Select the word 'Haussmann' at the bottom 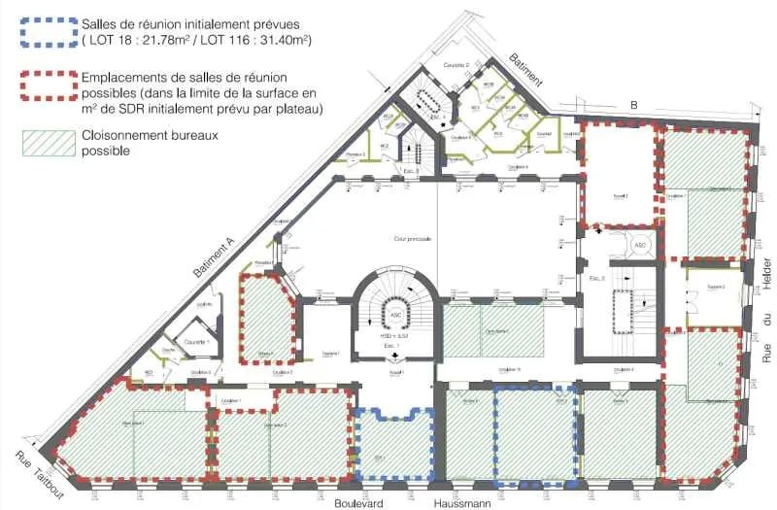(x=462, y=503)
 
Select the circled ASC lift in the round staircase (x=395, y=316)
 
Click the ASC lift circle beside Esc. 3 (x=639, y=246)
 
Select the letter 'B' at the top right (x=633, y=105)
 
